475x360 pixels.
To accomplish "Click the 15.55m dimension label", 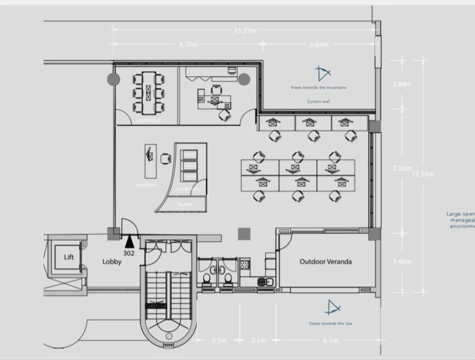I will tap(246, 30).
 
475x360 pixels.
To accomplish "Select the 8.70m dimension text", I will tap(188, 45).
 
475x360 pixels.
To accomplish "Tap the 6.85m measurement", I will tap(319, 45).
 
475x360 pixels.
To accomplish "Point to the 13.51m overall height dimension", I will tap(423, 174).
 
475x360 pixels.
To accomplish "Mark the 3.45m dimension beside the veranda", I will tap(402, 262).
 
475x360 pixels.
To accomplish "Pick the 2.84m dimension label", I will tap(402, 84).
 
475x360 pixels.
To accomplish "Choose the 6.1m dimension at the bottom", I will tap(331, 340).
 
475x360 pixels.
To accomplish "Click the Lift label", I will tap(69, 257).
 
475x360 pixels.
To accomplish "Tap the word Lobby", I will tap(112, 262).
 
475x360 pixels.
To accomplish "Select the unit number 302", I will tap(129, 253).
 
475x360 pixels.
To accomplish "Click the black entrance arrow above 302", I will tap(129, 241).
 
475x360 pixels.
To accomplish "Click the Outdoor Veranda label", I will tap(325, 262).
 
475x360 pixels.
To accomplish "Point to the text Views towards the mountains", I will tap(319, 88).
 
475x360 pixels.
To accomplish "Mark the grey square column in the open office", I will tap(244, 233).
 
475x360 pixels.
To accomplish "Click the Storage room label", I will tap(184, 204).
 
